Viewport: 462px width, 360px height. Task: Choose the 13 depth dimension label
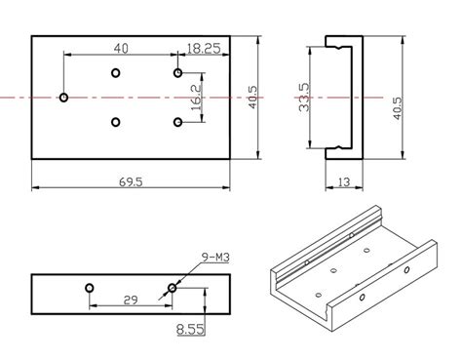tap(343, 181)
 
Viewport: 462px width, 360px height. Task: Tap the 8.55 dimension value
tap(191, 331)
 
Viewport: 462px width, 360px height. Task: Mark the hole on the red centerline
tap(63, 98)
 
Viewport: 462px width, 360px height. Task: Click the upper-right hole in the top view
tap(178, 73)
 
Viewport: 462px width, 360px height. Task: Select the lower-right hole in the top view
tap(178, 122)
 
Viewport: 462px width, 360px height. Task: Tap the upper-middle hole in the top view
tap(116, 73)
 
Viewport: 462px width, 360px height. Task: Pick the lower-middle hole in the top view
tap(116, 122)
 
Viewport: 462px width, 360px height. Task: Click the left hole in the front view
tap(89, 288)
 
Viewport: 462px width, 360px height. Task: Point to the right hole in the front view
tap(173, 288)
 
